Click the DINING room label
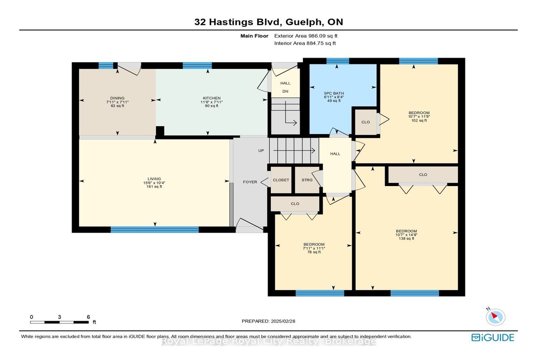pos(117,98)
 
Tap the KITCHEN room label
pos(212,98)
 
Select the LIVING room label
pos(154,179)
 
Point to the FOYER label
pos(250,182)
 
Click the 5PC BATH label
pos(334,93)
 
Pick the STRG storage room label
pos(307,180)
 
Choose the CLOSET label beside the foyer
pos(281,180)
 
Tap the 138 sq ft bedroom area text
pos(406,238)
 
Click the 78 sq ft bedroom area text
pos(314,252)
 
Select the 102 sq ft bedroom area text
pos(419,120)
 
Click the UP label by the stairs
pos(261,151)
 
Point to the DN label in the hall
pos(286,91)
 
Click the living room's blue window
pos(155,230)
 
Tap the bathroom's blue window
pos(337,61)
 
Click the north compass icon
pos(495,317)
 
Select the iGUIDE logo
pos(493,338)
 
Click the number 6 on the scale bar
pos(88,317)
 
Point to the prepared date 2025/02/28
pos(283,321)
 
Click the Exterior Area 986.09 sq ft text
pos(306,36)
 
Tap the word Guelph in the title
pos(303,22)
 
